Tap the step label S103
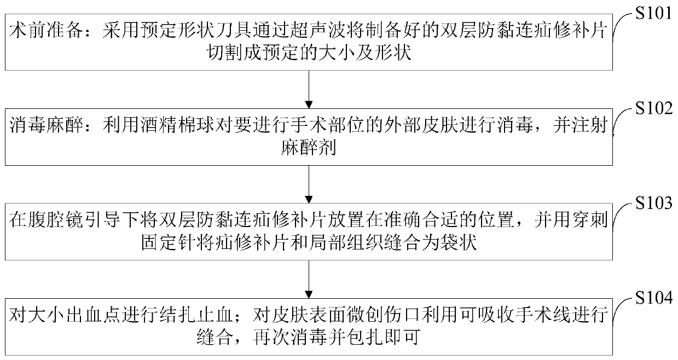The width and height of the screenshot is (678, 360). coord(652,204)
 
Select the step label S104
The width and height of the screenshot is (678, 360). coord(652,299)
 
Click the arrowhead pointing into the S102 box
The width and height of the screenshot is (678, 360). coord(309,103)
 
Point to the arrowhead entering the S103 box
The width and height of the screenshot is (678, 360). coord(309,198)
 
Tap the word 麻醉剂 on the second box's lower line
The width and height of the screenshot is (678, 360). coord(309,148)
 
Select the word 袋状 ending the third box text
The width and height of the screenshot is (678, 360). coord(464,243)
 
